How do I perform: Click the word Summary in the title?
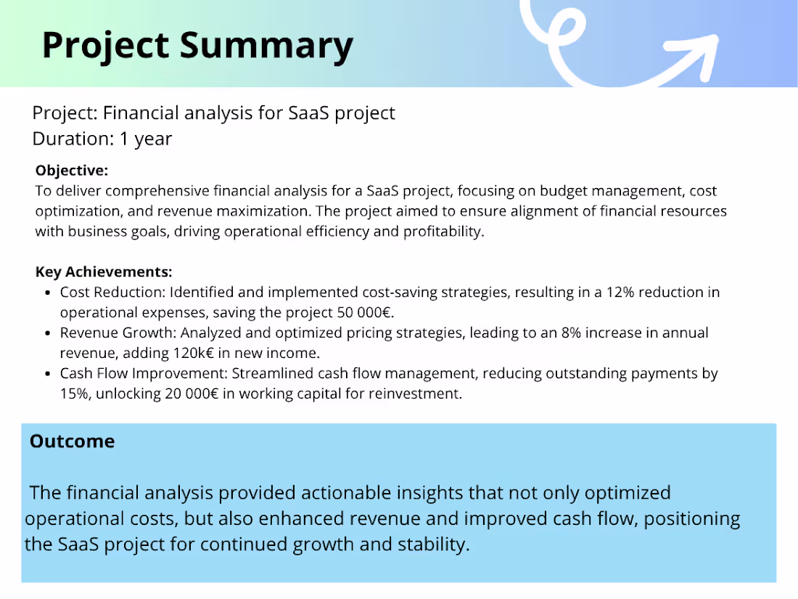(266, 45)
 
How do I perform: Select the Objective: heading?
(71, 171)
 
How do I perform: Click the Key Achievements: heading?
(104, 272)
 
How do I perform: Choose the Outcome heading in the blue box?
(72, 441)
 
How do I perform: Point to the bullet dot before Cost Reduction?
(47, 293)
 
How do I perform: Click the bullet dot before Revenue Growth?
(47, 334)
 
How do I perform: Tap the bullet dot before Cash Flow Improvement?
(47, 375)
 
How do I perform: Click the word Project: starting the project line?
(65, 113)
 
